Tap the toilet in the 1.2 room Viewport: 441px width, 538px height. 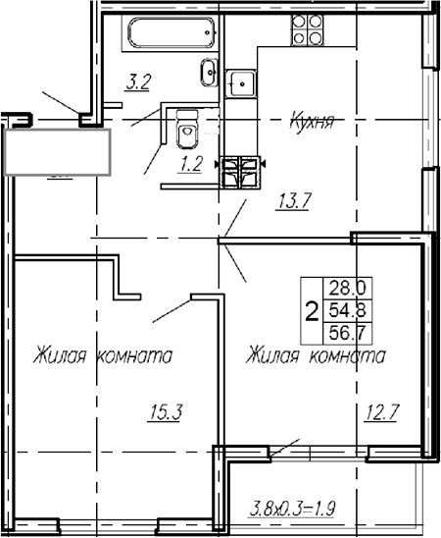pyautogui.click(x=185, y=129)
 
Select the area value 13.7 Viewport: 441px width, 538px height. pyautogui.click(x=293, y=203)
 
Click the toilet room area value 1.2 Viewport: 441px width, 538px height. pyautogui.click(x=190, y=164)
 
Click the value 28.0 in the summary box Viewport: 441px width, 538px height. pyautogui.click(x=348, y=288)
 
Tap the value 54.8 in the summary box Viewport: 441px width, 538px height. pyautogui.click(x=348, y=310)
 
